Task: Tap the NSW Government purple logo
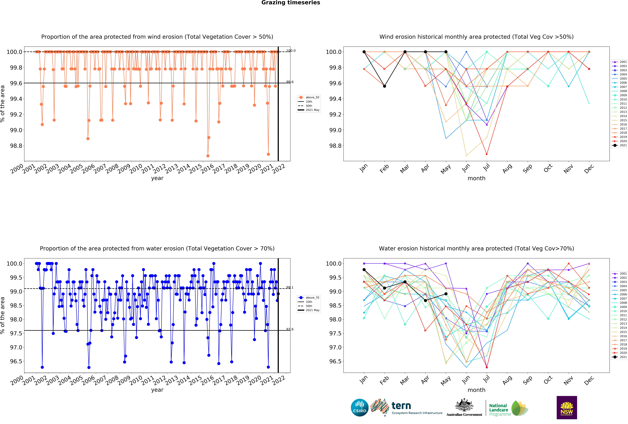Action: [567, 408]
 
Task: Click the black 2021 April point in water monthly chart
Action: [425, 300]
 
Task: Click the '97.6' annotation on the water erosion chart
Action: [290, 329]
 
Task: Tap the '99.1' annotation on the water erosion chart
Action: [290, 287]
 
